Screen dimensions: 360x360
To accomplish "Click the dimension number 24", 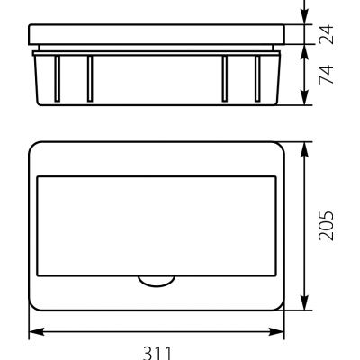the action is (326, 34).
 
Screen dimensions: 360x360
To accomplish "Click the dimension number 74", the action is (326, 75).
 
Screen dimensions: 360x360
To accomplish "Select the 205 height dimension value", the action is (326, 226).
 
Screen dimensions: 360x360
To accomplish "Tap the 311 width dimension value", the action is (157, 354).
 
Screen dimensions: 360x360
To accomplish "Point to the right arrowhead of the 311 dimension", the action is (276, 332).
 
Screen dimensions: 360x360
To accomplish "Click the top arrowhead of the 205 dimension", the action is (305, 149).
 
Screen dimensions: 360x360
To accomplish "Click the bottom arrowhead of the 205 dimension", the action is (305, 302).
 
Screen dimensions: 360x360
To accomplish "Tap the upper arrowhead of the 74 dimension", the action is (305, 52).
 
